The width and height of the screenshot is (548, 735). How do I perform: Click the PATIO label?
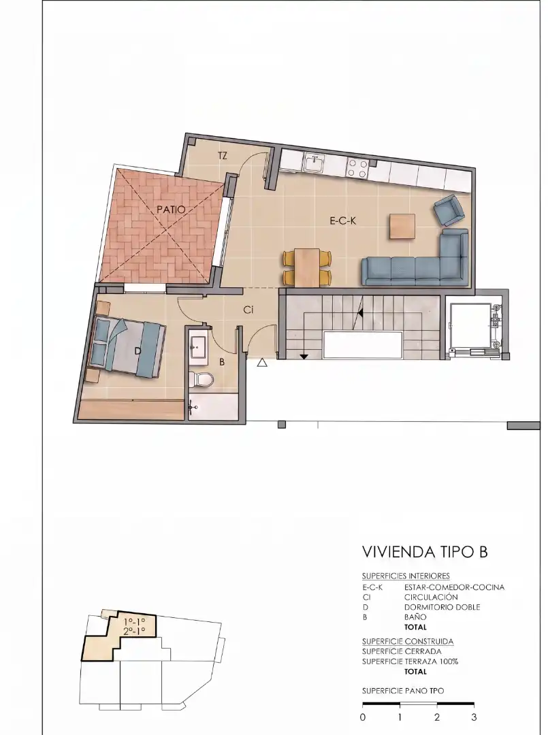pyautogui.click(x=171, y=210)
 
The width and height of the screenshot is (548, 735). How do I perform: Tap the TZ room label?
pyautogui.click(x=223, y=156)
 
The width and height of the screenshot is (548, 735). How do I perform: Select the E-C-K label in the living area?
pyautogui.click(x=343, y=220)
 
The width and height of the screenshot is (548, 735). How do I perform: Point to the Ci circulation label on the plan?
pyautogui.click(x=248, y=310)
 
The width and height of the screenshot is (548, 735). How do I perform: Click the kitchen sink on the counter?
pyautogui.click(x=313, y=164)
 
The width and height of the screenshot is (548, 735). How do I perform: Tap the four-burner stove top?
pyautogui.click(x=357, y=168)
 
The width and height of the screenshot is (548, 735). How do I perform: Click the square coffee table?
pyautogui.click(x=402, y=227)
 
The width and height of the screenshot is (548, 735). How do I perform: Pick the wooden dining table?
pyautogui.click(x=307, y=267)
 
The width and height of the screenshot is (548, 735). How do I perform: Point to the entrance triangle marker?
pyautogui.click(x=262, y=362)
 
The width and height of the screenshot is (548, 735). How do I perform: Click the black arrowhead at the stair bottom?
pyautogui.click(x=304, y=357)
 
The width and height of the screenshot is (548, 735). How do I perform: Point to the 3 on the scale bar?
pyautogui.click(x=474, y=717)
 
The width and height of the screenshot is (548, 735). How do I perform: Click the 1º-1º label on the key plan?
pyautogui.click(x=134, y=622)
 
